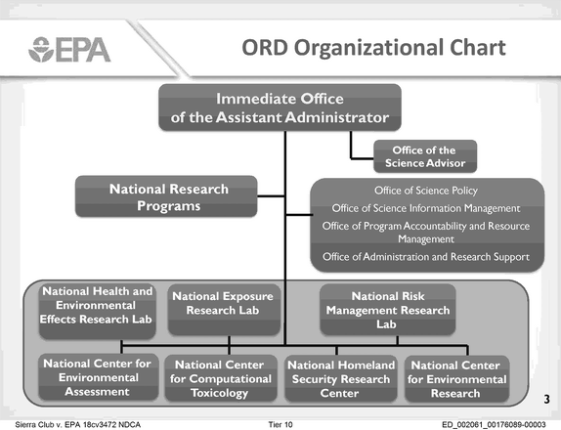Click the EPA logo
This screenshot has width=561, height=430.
click(69, 50)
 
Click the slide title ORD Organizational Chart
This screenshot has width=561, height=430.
click(373, 48)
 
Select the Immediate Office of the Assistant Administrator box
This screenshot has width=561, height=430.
click(280, 107)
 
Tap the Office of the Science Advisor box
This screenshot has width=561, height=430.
click(425, 156)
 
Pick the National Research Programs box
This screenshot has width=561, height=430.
click(166, 196)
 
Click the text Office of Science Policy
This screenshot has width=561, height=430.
click(426, 191)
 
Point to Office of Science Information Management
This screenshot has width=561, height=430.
click(426, 208)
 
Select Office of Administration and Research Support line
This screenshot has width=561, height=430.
click(426, 257)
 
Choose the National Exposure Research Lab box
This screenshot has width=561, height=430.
click(224, 310)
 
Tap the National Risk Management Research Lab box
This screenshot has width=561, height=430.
click(388, 310)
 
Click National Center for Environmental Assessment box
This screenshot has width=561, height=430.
click(98, 377)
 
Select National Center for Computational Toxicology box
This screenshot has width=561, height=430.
click(221, 378)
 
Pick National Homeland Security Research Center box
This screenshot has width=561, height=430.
click(340, 378)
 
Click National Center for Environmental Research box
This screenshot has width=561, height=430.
click(456, 378)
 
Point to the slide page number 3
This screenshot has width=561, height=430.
click(546, 399)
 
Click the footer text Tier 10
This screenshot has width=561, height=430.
click(280, 425)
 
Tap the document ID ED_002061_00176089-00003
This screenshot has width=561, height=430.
click(494, 425)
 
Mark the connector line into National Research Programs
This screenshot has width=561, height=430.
click(271, 196)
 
